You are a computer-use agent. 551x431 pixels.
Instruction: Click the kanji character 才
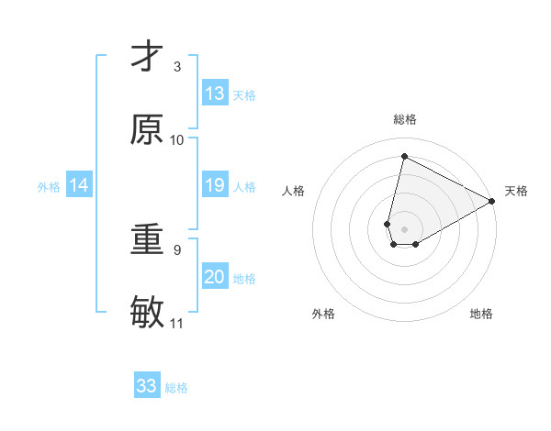tap(147, 58)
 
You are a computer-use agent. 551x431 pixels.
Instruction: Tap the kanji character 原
tap(147, 129)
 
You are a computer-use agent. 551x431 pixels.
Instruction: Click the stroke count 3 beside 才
tap(177, 67)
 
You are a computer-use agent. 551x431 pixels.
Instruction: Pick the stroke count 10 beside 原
tap(177, 139)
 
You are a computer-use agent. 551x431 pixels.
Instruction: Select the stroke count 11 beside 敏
tap(177, 323)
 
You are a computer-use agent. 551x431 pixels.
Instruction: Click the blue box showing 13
tap(215, 94)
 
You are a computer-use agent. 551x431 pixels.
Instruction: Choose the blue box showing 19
tap(215, 186)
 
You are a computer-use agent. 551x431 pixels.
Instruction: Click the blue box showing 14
tap(79, 186)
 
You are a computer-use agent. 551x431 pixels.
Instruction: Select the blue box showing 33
tap(147, 386)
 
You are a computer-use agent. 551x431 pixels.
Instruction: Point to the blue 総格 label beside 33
tap(176, 388)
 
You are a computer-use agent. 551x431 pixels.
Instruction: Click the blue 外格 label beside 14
tap(49, 187)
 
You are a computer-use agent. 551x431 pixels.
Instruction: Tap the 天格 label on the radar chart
tap(516, 191)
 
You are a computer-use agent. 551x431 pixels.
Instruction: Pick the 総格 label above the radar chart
tap(405, 119)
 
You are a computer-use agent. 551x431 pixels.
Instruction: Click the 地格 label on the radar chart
tap(481, 314)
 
